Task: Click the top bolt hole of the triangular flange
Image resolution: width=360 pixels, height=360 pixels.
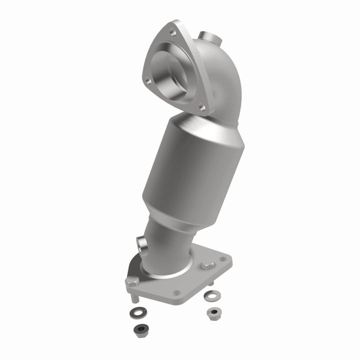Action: click(x=171, y=32)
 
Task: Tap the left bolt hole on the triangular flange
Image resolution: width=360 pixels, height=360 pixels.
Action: click(x=147, y=79)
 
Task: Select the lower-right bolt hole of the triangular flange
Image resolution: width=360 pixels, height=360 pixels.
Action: click(x=201, y=106)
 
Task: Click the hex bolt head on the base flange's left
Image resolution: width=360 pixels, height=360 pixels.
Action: click(x=132, y=281)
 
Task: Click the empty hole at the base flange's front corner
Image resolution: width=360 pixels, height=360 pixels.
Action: click(x=176, y=293)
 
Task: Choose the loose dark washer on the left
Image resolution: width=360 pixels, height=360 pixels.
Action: click(x=135, y=313)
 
